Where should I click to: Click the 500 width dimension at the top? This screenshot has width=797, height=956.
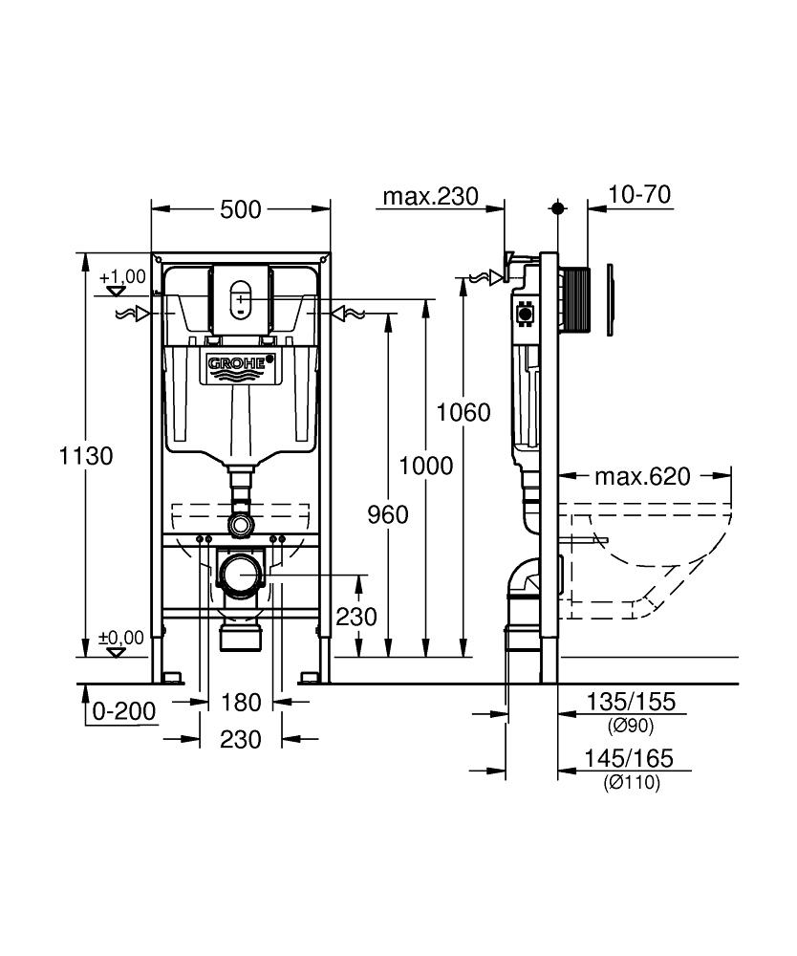click(x=240, y=209)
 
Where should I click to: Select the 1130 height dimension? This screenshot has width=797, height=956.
click(x=86, y=456)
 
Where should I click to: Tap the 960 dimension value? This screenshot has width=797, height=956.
click(x=388, y=515)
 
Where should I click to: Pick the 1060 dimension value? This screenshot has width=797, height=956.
click(x=463, y=413)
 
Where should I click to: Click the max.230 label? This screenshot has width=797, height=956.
click(x=429, y=197)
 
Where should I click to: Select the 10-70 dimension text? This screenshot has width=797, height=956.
click(x=639, y=196)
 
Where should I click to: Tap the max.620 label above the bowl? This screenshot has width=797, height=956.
click(x=641, y=476)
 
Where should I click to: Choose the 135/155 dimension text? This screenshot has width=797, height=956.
click(x=630, y=703)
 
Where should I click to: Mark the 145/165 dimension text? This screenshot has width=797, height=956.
click(x=630, y=759)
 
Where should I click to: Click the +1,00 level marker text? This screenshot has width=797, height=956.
click(x=122, y=277)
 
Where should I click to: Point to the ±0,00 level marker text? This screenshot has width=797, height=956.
click(x=120, y=638)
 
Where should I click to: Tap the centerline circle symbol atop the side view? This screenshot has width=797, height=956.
click(x=558, y=207)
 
